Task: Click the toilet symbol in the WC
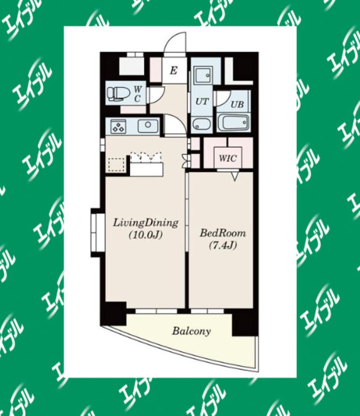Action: pyautogui.click(x=116, y=94)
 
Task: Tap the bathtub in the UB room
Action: pyautogui.click(x=233, y=123)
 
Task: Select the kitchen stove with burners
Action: pyautogui.click(x=119, y=126)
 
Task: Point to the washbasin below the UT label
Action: pyautogui.click(x=202, y=124)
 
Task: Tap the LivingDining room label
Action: pyautogui.click(x=146, y=223)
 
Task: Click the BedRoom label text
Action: pyautogui.click(x=223, y=233)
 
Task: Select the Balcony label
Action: pyautogui.click(x=191, y=331)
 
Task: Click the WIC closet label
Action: pyautogui.click(x=228, y=158)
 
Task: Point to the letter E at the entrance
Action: pyautogui.click(x=174, y=71)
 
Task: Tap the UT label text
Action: pyautogui.click(x=202, y=101)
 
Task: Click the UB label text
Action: pyautogui.click(x=237, y=104)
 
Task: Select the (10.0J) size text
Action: pyautogui.click(x=145, y=235)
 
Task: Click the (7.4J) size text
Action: pyautogui.click(x=223, y=246)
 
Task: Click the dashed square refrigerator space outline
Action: pyautogui.click(x=117, y=165)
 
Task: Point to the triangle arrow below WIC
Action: pyautogui.click(x=235, y=177)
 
